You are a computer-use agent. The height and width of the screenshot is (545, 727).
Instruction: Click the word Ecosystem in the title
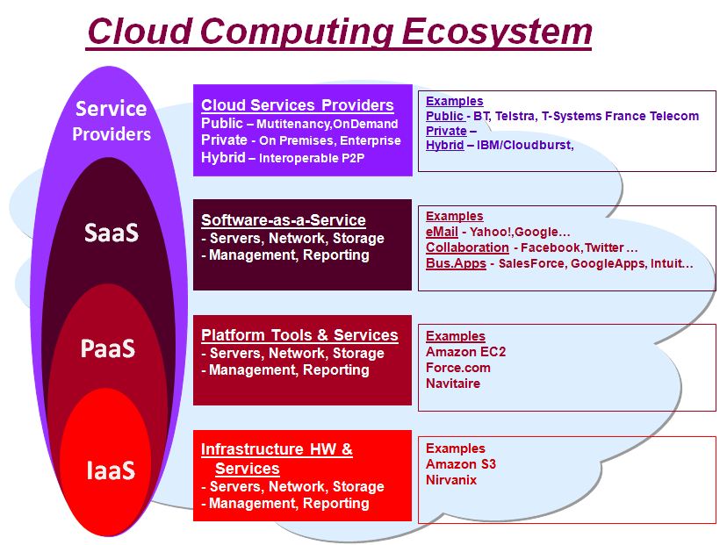click(x=496, y=32)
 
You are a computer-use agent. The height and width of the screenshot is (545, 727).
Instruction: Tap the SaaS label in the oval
click(x=112, y=233)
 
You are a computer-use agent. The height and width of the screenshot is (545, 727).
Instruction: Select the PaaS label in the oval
click(x=108, y=348)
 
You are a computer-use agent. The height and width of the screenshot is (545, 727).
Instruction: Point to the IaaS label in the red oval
click(x=111, y=470)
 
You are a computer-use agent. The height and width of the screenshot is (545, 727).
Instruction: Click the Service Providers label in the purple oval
click(x=112, y=121)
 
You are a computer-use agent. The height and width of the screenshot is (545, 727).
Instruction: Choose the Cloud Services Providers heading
click(x=297, y=105)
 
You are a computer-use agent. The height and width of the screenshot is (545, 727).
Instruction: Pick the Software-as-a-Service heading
click(x=284, y=220)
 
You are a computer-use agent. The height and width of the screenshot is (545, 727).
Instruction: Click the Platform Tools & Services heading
click(x=299, y=335)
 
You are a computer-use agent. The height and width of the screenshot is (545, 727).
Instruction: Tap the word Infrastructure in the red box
click(x=252, y=449)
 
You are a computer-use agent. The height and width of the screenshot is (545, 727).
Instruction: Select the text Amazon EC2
click(x=465, y=352)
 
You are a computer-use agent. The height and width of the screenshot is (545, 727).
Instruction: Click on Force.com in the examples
click(x=458, y=368)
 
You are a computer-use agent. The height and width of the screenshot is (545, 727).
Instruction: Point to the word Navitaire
click(x=453, y=384)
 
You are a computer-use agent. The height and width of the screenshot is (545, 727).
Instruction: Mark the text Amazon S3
click(x=461, y=464)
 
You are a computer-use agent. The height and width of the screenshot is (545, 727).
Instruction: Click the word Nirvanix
click(x=451, y=480)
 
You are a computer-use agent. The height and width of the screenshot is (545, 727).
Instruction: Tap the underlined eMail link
click(x=442, y=232)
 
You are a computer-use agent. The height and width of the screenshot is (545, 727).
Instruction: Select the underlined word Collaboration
click(x=467, y=247)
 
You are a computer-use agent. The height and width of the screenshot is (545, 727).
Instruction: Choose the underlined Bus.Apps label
click(x=456, y=263)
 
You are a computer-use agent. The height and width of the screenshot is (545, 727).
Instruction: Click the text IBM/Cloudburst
click(x=525, y=145)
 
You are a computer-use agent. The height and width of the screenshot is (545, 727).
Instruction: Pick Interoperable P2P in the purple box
click(x=312, y=159)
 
